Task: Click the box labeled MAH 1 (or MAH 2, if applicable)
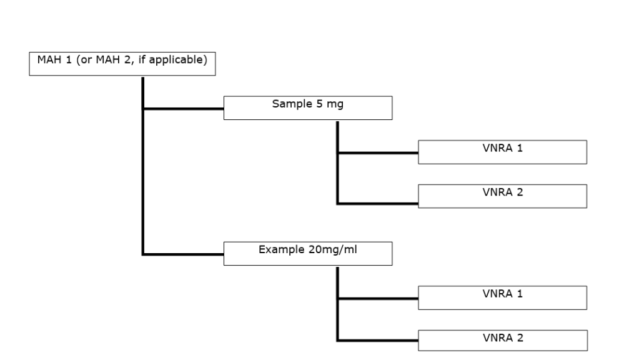click(x=122, y=64)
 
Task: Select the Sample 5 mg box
click(x=307, y=107)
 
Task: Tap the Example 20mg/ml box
click(x=307, y=253)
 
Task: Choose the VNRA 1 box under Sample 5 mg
click(x=502, y=152)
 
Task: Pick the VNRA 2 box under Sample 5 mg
click(x=502, y=196)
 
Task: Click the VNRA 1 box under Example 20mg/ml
click(x=502, y=297)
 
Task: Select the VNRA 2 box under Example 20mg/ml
click(x=502, y=341)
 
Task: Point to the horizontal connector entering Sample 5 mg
click(x=184, y=108)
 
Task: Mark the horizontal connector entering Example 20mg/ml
click(x=184, y=254)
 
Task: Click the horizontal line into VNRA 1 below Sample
click(x=378, y=152)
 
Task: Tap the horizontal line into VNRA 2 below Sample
click(x=378, y=203)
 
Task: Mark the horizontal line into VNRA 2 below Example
click(x=378, y=341)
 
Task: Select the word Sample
click(x=289, y=104)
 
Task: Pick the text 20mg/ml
click(x=330, y=249)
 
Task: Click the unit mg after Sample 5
click(x=335, y=104)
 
